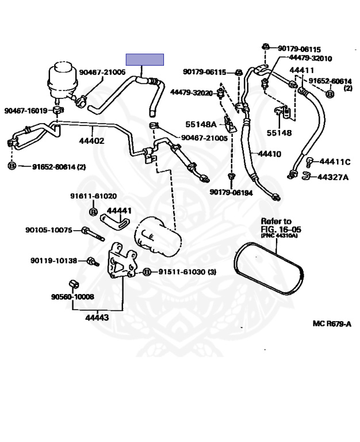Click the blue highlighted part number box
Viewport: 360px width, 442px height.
(144, 59)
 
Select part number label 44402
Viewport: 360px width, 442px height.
(91, 140)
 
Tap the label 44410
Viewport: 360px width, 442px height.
(270, 154)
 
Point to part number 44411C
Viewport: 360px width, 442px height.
(335, 162)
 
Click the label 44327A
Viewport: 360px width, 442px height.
(333, 177)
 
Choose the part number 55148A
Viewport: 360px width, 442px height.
(201, 124)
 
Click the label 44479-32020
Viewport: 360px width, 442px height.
(192, 93)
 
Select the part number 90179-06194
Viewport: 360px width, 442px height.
(231, 193)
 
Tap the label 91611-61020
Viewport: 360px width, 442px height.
(94, 196)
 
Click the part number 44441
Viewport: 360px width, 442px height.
(119, 211)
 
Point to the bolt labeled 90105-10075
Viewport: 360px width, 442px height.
(93, 234)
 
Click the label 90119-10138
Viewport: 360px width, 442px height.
(54, 261)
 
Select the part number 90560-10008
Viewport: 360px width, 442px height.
(72, 296)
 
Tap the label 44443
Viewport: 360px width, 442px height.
(97, 318)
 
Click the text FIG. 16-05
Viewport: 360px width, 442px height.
(281, 229)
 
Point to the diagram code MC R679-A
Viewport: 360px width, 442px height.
(332, 323)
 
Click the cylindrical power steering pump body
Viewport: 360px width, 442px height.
(158, 237)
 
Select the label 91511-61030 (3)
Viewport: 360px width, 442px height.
(187, 272)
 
